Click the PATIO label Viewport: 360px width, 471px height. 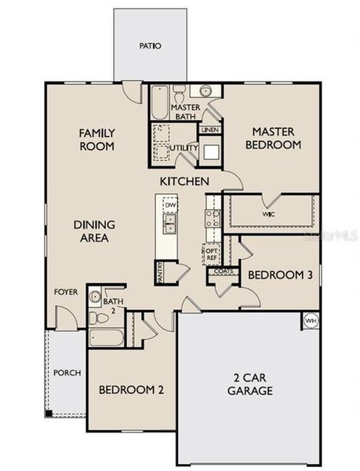[x=150, y=46]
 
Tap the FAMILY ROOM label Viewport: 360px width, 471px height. [x=97, y=140]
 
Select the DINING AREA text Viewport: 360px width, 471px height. [x=91, y=231]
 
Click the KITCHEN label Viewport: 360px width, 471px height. [x=184, y=181]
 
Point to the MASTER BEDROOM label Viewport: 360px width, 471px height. [x=273, y=139]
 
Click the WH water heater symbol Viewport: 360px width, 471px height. [x=311, y=320]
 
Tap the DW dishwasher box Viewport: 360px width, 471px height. [x=169, y=206]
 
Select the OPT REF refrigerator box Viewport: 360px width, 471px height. [x=211, y=253]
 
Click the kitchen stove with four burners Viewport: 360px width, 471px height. [x=212, y=211]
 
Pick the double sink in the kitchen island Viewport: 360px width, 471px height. [x=169, y=227]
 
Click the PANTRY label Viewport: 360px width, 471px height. [x=160, y=272]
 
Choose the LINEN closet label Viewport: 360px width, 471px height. [x=209, y=130]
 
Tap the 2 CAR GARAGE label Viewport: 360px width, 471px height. [x=250, y=384]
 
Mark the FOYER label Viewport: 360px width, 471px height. [x=65, y=291]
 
